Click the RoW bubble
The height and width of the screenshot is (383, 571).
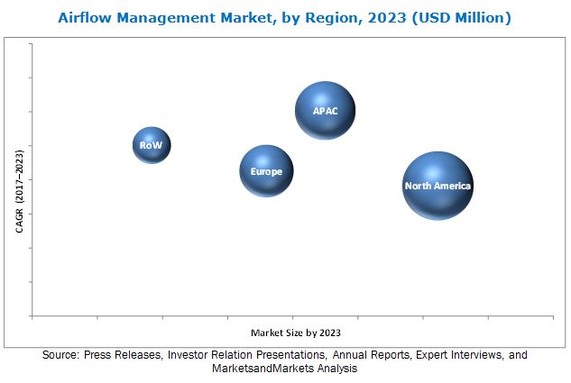pos(151,144)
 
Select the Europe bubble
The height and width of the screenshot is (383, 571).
pos(266,171)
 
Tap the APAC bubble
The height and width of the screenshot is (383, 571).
pos(325,110)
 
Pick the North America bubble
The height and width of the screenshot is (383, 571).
pos(437,186)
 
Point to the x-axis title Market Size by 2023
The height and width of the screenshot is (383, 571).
pos(296,333)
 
